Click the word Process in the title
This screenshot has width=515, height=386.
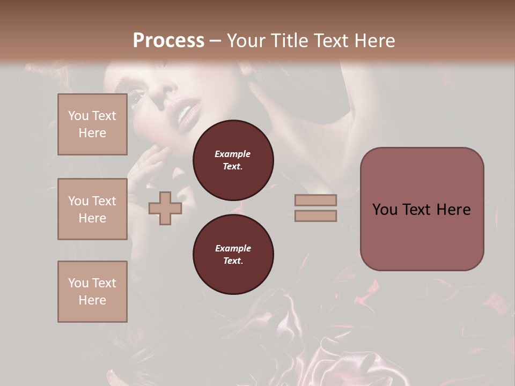[x=168, y=41]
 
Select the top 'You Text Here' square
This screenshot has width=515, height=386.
[x=92, y=124]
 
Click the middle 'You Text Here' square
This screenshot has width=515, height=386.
[x=92, y=209]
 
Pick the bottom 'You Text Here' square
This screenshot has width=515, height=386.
[x=92, y=292]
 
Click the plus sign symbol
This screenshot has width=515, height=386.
[x=165, y=208]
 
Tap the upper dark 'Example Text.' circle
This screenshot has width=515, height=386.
[x=233, y=160]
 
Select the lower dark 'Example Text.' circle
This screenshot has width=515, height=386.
[x=233, y=254]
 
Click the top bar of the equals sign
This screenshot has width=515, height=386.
[x=315, y=200]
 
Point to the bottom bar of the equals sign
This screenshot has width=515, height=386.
[x=315, y=216]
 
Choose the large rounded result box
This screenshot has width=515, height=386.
[x=422, y=209]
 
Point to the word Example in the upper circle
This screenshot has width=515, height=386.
[x=233, y=154]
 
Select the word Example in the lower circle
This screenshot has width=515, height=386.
[x=233, y=248]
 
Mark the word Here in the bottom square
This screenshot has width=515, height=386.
[x=92, y=300]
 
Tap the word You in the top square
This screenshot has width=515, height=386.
[x=78, y=116]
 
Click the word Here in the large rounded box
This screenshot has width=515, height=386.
[x=453, y=210]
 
